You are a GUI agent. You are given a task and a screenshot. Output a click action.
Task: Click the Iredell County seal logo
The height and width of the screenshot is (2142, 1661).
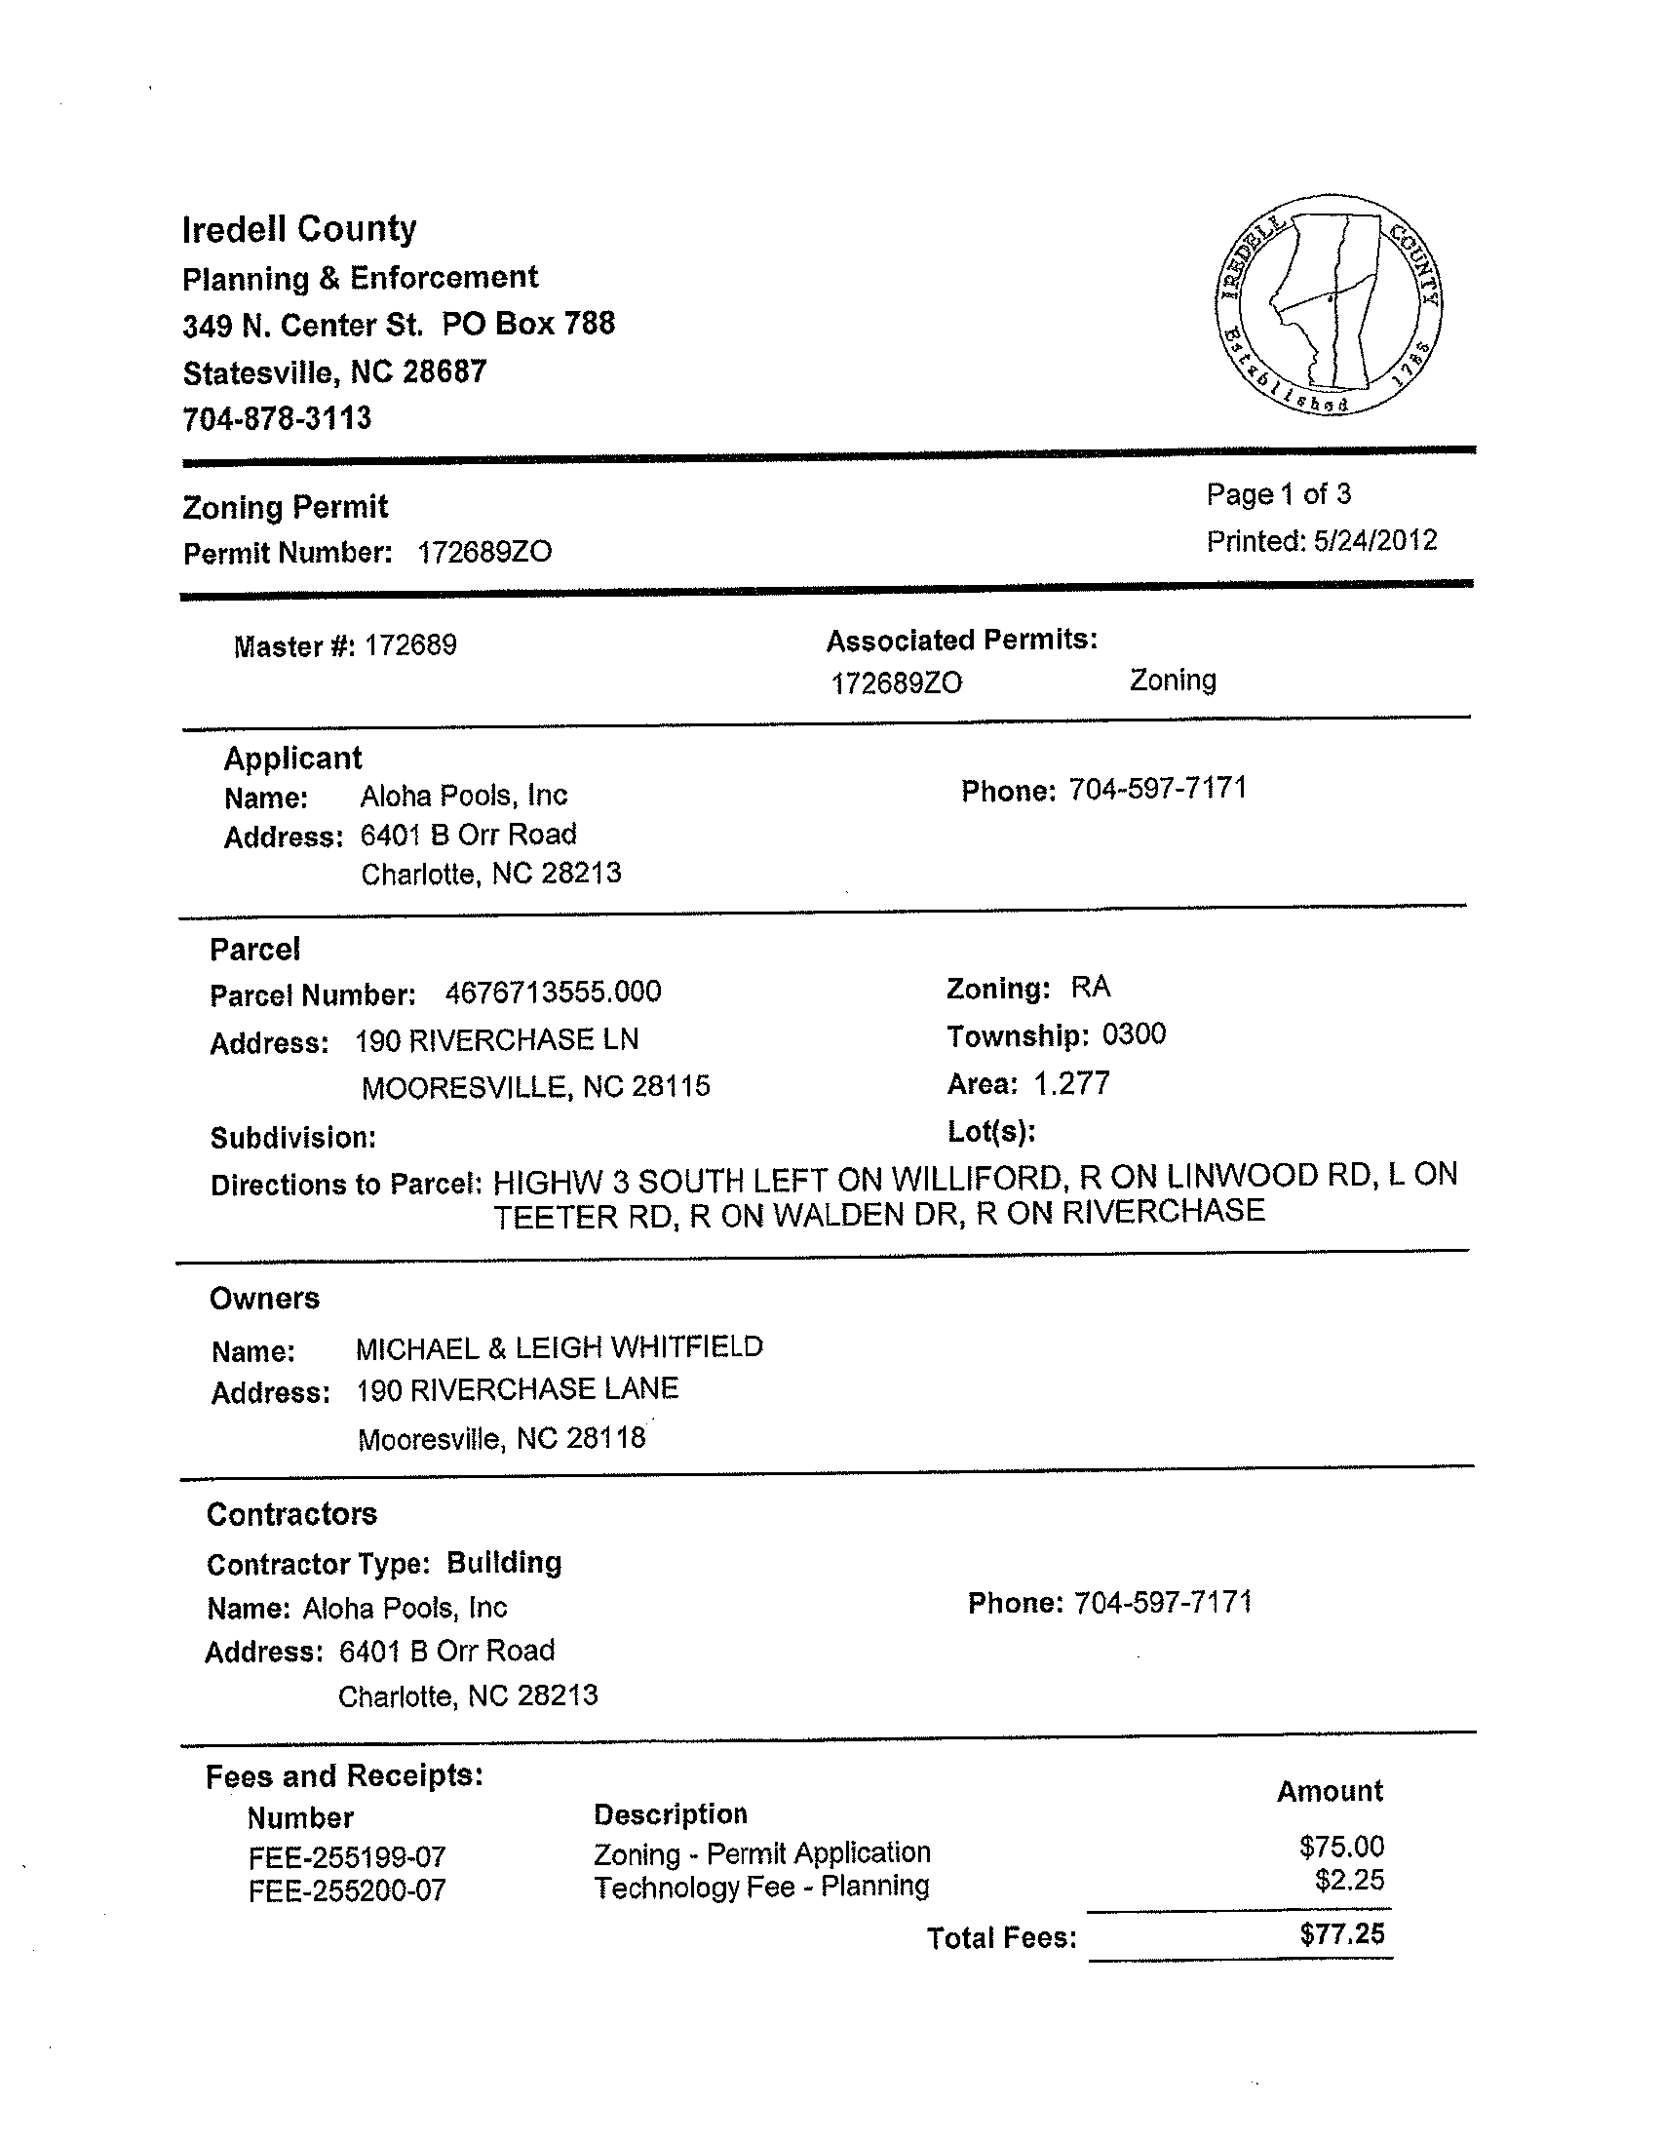click(x=1329, y=304)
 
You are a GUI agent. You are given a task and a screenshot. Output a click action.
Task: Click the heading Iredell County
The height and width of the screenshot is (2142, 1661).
click(x=299, y=229)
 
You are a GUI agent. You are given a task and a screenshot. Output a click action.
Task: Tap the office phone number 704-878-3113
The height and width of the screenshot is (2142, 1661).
click(x=278, y=419)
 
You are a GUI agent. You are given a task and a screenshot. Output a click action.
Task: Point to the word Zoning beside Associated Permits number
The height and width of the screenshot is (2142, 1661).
click(x=1173, y=680)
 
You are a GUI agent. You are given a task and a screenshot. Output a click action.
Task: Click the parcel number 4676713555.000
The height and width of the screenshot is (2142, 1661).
click(x=553, y=993)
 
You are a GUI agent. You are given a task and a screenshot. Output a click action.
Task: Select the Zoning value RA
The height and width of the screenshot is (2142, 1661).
click(x=1091, y=987)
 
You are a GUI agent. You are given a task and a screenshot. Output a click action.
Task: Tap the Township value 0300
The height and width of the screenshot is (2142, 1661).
click(x=1134, y=1034)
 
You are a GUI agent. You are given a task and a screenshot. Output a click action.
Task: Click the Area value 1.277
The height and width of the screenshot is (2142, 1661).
click(x=1071, y=1083)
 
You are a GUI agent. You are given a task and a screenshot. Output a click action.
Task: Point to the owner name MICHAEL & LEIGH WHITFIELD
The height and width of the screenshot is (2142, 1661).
click(x=559, y=1347)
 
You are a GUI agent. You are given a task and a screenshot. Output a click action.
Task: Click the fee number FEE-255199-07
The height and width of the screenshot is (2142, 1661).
click(x=347, y=1857)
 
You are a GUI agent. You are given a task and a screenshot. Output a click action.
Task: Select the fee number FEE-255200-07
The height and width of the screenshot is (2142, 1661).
click(x=347, y=1889)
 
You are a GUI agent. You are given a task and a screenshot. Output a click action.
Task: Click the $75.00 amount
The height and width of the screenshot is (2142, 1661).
click(x=1341, y=1847)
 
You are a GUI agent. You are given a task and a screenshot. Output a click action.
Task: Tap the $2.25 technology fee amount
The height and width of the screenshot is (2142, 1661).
click(x=1349, y=1880)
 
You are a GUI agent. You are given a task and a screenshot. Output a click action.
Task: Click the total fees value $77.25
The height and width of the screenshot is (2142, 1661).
click(x=1341, y=1934)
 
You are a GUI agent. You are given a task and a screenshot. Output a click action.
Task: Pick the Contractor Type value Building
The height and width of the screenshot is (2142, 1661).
click(x=504, y=1562)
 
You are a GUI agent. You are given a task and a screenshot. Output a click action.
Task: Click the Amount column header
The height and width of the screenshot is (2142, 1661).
click(x=1330, y=1791)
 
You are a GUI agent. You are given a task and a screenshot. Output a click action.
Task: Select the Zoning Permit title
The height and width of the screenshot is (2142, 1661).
click(x=286, y=507)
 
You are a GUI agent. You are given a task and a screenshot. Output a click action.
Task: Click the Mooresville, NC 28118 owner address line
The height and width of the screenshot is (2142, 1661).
click(x=501, y=1439)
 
